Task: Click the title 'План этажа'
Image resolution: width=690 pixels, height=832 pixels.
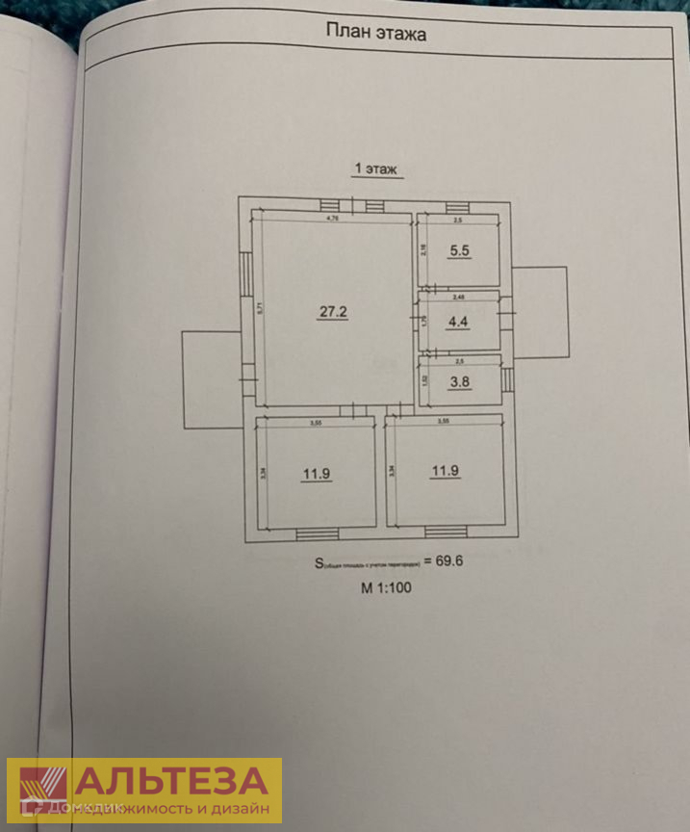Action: (x=376, y=34)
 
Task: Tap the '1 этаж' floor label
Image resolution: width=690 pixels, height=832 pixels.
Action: (x=377, y=169)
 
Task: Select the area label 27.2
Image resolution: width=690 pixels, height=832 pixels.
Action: (x=333, y=311)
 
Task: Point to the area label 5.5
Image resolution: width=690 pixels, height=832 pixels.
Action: (x=458, y=251)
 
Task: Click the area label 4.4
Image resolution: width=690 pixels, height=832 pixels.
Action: (x=456, y=324)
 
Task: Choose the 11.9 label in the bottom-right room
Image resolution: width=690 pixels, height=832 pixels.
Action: (x=445, y=470)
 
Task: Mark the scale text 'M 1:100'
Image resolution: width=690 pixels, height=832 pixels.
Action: (x=386, y=586)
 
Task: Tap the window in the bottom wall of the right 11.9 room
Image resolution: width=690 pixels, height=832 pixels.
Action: (x=445, y=531)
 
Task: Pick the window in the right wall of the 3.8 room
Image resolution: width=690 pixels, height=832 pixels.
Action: (x=507, y=378)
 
